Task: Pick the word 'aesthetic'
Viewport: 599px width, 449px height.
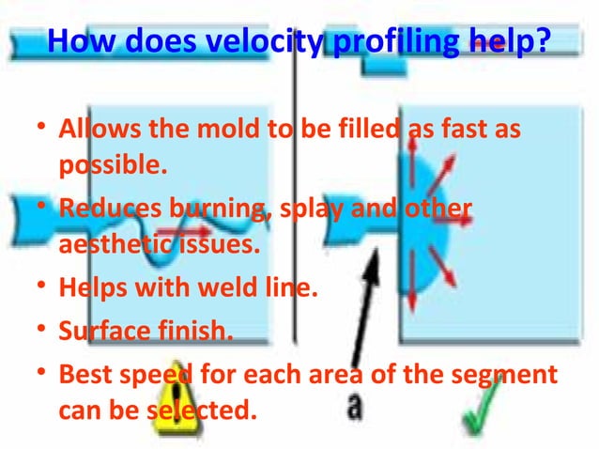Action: [106, 247]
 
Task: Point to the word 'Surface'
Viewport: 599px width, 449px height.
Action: [100, 329]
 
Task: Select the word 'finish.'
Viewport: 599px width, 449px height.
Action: [200, 329]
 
